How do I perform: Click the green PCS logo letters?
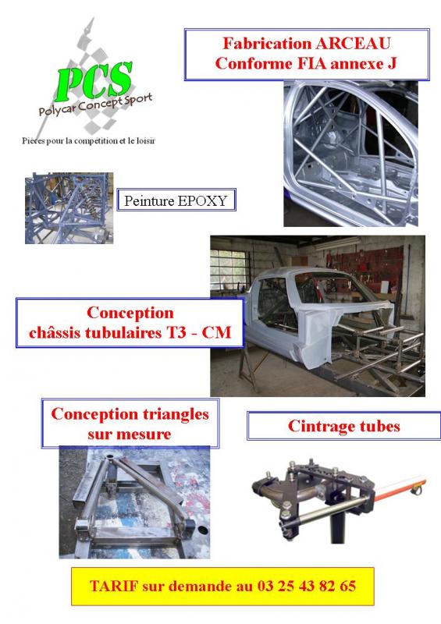coord(94,81)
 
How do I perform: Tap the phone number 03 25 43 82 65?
coord(306,586)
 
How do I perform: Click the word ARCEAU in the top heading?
coord(353,44)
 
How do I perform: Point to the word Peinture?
coord(149,200)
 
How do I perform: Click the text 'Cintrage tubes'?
coord(343,426)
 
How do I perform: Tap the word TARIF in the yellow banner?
coord(114,586)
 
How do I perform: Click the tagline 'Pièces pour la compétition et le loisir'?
coord(88,140)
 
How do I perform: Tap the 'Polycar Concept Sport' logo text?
coord(95,105)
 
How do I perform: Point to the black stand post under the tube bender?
coord(337,525)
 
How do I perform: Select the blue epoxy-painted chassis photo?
coord(69,207)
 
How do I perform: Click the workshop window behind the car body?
coord(229,269)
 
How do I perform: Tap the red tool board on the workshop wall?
coord(366,264)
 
